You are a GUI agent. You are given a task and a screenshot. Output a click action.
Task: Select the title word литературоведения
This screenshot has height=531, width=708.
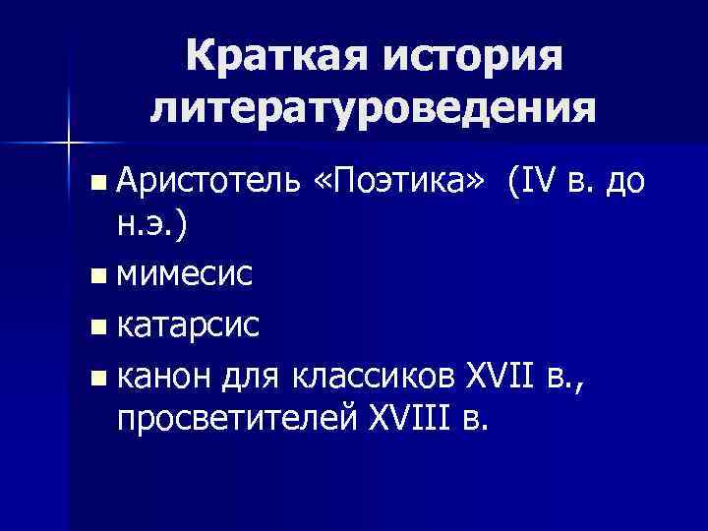(373, 106)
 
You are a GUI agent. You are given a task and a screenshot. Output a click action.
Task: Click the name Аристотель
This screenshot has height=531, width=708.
(206, 180)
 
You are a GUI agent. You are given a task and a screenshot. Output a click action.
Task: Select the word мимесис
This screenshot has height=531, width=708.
(184, 274)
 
